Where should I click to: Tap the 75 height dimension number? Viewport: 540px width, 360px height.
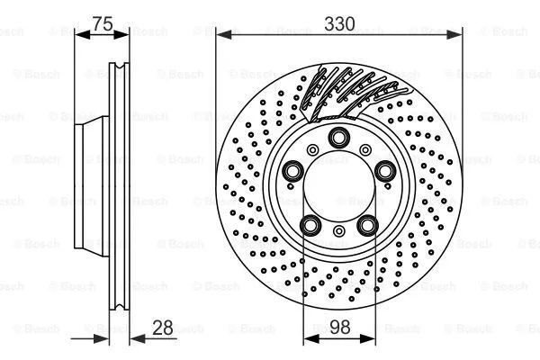(102, 24)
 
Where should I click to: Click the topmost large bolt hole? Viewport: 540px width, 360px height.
(339, 137)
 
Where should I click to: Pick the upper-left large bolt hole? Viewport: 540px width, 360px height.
(293, 170)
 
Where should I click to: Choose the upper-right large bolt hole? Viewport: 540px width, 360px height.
(385, 170)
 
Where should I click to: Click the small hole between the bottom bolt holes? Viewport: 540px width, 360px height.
(339, 232)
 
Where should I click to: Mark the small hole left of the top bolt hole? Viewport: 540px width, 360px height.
(311, 148)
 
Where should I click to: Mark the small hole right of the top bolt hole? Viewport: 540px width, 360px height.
(367, 148)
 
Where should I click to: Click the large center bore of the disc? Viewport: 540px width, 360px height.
(339, 185)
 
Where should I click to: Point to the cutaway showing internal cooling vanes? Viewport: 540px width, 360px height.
(346, 94)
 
